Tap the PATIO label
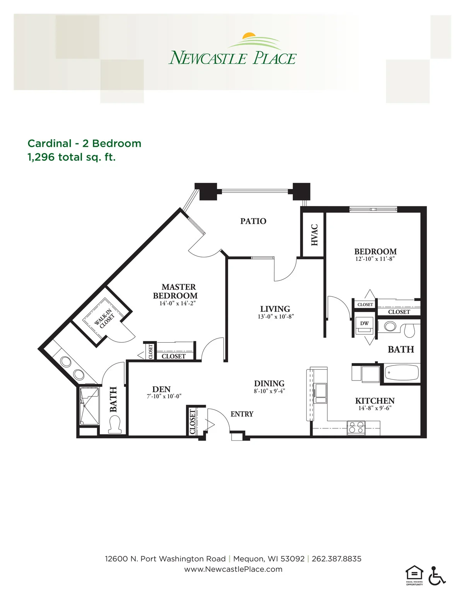pyautogui.click(x=253, y=221)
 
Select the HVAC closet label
pyautogui.click(x=314, y=235)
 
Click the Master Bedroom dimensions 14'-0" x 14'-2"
pyautogui.click(x=177, y=303)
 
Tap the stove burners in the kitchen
pyautogui.click(x=356, y=428)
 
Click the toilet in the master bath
pyautogui.click(x=115, y=424)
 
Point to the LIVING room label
pyautogui.click(x=275, y=309)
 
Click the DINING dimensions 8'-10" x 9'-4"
pyautogui.click(x=270, y=391)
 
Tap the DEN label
pyautogui.click(x=161, y=389)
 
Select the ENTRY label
pyautogui.click(x=242, y=414)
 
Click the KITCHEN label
pyautogui.click(x=375, y=401)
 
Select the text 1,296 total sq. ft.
pyautogui.click(x=72, y=157)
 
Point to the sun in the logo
pyautogui.click(x=249, y=35)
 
